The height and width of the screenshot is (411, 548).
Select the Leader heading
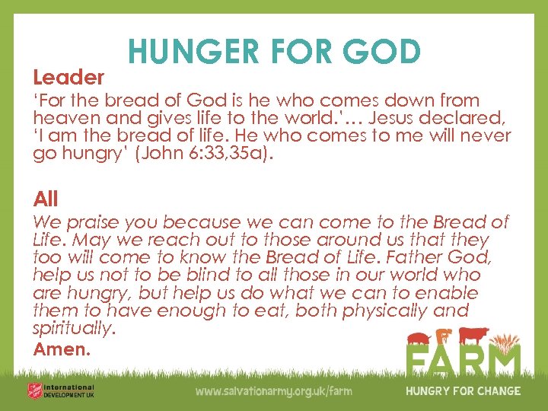point(68,77)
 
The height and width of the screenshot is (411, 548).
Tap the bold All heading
point(46,199)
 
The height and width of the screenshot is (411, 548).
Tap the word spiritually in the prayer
point(74,328)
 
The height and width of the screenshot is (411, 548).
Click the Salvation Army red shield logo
point(32,390)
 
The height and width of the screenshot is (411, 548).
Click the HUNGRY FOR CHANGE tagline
point(463,391)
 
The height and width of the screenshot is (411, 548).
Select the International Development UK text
point(68,390)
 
